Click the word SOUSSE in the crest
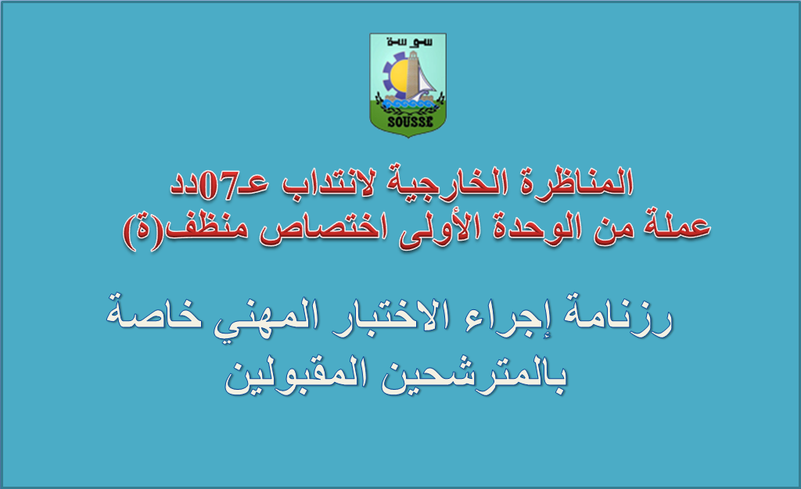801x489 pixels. pyautogui.click(x=410, y=122)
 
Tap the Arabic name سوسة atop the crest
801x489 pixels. pyautogui.click(x=409, y=42)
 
